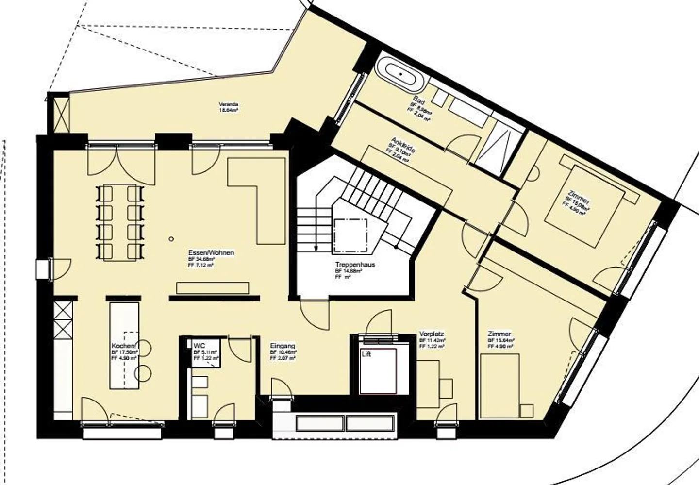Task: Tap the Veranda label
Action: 228,104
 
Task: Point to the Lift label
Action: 366,354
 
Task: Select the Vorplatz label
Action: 431,334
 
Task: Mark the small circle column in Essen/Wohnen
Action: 171,239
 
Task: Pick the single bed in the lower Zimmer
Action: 499,385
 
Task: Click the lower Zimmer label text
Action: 499,334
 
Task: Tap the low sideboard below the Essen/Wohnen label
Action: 213,288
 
